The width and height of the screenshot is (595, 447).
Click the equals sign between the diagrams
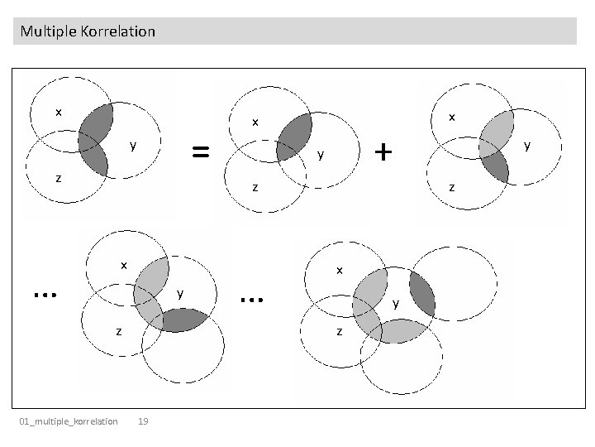coord(200,151)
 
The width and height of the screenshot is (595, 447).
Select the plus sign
coord(383,151)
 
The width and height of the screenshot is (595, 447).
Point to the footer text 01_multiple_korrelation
coord(69,422)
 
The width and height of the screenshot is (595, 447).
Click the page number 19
coord(143,422)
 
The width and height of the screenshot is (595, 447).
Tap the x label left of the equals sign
coord(58,112)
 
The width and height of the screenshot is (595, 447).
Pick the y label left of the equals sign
coord(132,147)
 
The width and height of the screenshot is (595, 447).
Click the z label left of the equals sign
coord(58,177)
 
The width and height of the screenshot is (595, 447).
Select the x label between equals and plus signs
coord(255,123)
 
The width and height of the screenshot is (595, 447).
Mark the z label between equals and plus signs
coord(255,188)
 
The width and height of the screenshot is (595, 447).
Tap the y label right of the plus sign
coord(526,145)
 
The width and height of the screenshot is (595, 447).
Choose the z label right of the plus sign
coord(451,187)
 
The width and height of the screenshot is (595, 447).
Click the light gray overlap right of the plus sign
coord(495,131)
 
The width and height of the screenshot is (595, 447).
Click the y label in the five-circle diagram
coord(396,304)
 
